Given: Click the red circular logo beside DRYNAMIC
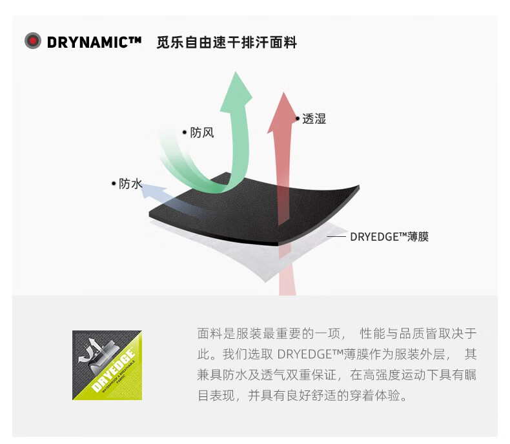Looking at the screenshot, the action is [33, 41].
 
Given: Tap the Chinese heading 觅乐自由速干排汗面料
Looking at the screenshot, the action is [227, 43].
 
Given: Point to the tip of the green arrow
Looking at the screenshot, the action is [236, 72].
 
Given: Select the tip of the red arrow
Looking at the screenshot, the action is [284, 93].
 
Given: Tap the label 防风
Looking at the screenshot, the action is [202, 132].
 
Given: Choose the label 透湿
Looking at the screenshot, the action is [314, 119].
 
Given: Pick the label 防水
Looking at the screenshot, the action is [130, 184].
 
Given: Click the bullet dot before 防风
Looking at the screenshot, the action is [185, 132].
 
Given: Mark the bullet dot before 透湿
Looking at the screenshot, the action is [297, 119].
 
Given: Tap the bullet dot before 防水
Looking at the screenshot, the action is [114, 184].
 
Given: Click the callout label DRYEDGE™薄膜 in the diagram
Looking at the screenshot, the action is [389, 237].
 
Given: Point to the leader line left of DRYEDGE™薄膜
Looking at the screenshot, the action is [336, 237].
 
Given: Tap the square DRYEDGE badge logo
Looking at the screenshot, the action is [107, 365].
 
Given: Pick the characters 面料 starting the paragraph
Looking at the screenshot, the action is [210, 334].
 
